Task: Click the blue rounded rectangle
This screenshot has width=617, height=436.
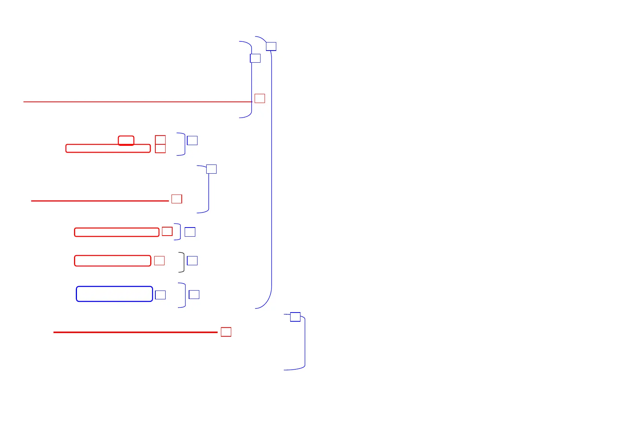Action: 114,294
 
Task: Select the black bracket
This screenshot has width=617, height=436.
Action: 183,262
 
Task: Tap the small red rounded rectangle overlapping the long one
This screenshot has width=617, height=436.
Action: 126,140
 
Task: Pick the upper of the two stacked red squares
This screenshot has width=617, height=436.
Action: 160,140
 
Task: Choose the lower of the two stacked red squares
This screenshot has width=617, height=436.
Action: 160,148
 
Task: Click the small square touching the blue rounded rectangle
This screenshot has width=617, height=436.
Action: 160,295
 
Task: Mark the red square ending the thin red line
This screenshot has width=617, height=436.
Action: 260,98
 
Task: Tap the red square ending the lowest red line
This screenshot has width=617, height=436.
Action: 226,332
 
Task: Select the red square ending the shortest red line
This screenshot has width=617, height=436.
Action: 177,199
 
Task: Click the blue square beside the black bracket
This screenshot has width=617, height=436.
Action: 192,261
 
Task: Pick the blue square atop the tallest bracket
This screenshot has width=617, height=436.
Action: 271,46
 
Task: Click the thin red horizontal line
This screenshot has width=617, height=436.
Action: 136,102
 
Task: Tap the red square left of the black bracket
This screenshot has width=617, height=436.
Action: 159,261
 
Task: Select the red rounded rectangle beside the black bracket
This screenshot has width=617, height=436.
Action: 112,261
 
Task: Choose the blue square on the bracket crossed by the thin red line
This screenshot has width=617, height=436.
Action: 255,58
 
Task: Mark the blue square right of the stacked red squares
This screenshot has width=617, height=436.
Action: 192,140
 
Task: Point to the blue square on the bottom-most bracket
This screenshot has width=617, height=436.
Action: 295,317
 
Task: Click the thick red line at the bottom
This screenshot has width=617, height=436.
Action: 136,332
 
